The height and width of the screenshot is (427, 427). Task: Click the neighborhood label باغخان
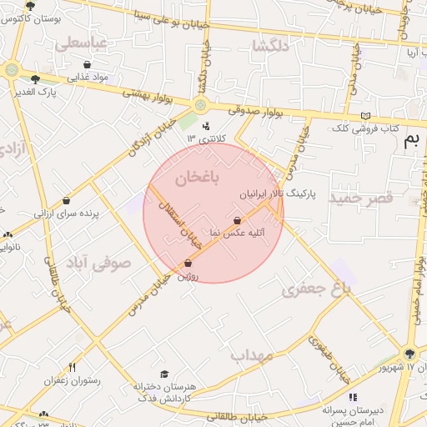pyautogui.click(x=198, y=177)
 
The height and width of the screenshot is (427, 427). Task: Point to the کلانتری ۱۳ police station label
pyautogui.click(x=203, y=138)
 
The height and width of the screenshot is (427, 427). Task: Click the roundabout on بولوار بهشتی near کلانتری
pyautogui.click(x=200, y=104)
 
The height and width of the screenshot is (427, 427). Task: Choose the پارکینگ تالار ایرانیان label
pyautogui.click(x=279, y=193)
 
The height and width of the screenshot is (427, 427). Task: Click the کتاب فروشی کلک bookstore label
pyautogui.click(x=365, y=129)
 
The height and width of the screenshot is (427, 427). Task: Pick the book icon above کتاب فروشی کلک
pyautogui.click(x=364, y=116)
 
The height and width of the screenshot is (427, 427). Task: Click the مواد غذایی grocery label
pyautogui.click(x=89, y=77)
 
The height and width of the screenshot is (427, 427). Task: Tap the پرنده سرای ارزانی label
pyautogui.click(x=67, y=213)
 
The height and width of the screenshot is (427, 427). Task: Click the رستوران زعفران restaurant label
pyautogui.click(x=73, y=380)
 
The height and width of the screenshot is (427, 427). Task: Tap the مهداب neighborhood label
pyautogui.click(x=252, y=356)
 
